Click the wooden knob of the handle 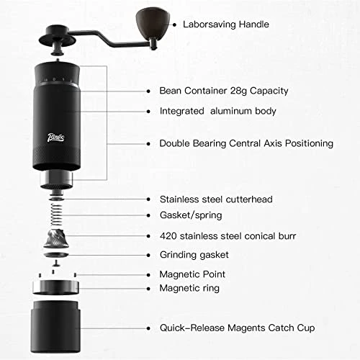(153, 23)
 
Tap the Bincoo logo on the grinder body (56, 138)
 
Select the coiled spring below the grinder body (56, 215)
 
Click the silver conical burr (56, 239)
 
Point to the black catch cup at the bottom (55, 327)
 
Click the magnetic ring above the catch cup (55, 287)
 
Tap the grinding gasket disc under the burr (56, 255)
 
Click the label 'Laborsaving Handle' (226, 24)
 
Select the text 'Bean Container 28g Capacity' (224, 91)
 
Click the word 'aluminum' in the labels (230, 111)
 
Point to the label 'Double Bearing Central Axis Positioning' (246, 143)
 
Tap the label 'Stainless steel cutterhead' (216, 199)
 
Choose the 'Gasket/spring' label (191, 215)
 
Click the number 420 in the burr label (168, 236)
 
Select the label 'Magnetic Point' (192, 274)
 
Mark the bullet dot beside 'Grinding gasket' (148, 256)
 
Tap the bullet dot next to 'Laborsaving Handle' (174, 24)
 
